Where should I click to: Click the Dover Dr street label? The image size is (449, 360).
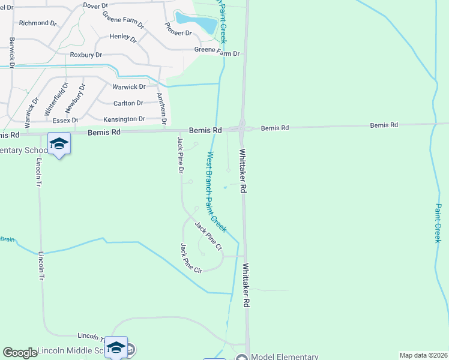point(95,5)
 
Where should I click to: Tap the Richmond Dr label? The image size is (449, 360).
point(37,23)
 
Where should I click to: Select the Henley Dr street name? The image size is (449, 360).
point(123,37)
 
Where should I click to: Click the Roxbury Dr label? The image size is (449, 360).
point(86,55)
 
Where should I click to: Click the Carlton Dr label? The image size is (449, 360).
point(127,103)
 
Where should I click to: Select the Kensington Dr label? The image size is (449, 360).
point(124,119)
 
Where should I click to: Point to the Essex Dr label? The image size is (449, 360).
point(65,121)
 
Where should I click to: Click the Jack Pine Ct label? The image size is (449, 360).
point(208,235)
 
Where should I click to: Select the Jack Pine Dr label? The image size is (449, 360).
point(179,155)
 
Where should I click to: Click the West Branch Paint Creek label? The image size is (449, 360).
point(216,191)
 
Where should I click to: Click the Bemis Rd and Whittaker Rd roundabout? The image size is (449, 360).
point(241,127)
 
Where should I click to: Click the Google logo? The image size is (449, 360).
point(20,353)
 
